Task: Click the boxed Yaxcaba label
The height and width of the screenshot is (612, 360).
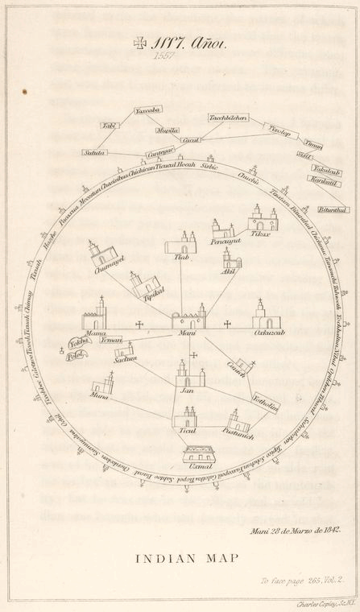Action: (x=148, y=110)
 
